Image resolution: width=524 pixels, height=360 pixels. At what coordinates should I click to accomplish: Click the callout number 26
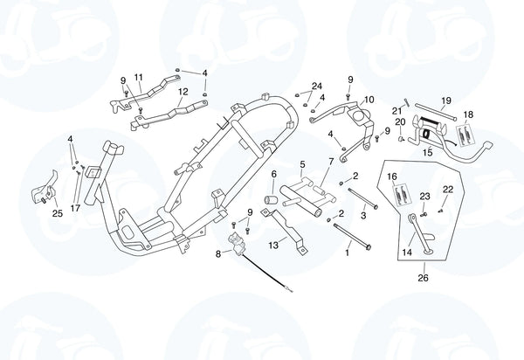pos(423,279)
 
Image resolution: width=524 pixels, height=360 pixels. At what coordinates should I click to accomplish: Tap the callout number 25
pos(57,213)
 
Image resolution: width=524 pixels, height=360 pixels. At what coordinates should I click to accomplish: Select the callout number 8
pos(218,254)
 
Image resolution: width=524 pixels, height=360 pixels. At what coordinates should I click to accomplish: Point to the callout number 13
pos(272,246)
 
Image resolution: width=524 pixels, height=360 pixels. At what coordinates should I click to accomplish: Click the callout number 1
pos(347,253)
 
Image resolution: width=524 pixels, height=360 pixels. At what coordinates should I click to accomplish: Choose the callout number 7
pos(330,162)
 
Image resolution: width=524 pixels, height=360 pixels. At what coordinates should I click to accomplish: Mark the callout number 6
pos(272,175)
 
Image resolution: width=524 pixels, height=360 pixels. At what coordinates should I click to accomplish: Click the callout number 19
pos(445,100)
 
